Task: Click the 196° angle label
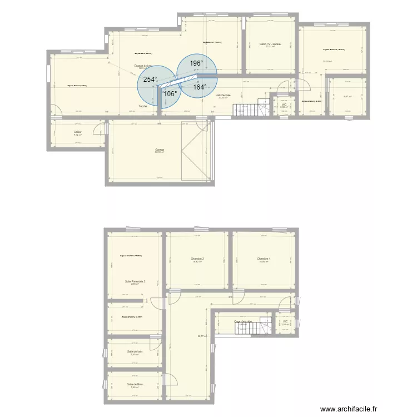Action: pos(196,63)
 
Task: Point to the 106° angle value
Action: pos(170,93)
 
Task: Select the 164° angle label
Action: pos(200,87)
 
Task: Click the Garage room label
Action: pos(160,150)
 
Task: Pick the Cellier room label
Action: pos(78,132)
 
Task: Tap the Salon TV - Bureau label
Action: pos(271,44)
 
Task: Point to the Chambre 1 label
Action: pos(264,259)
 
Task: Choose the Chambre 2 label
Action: pos(197,259)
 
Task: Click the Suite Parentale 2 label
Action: pos(135,282)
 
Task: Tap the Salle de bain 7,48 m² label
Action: pos(135,352)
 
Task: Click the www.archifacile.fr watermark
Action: pos(356,408)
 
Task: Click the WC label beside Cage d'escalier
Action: pos(285,321)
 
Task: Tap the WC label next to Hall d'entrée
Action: pos(284,105)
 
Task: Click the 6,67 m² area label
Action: pos(347,96)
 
